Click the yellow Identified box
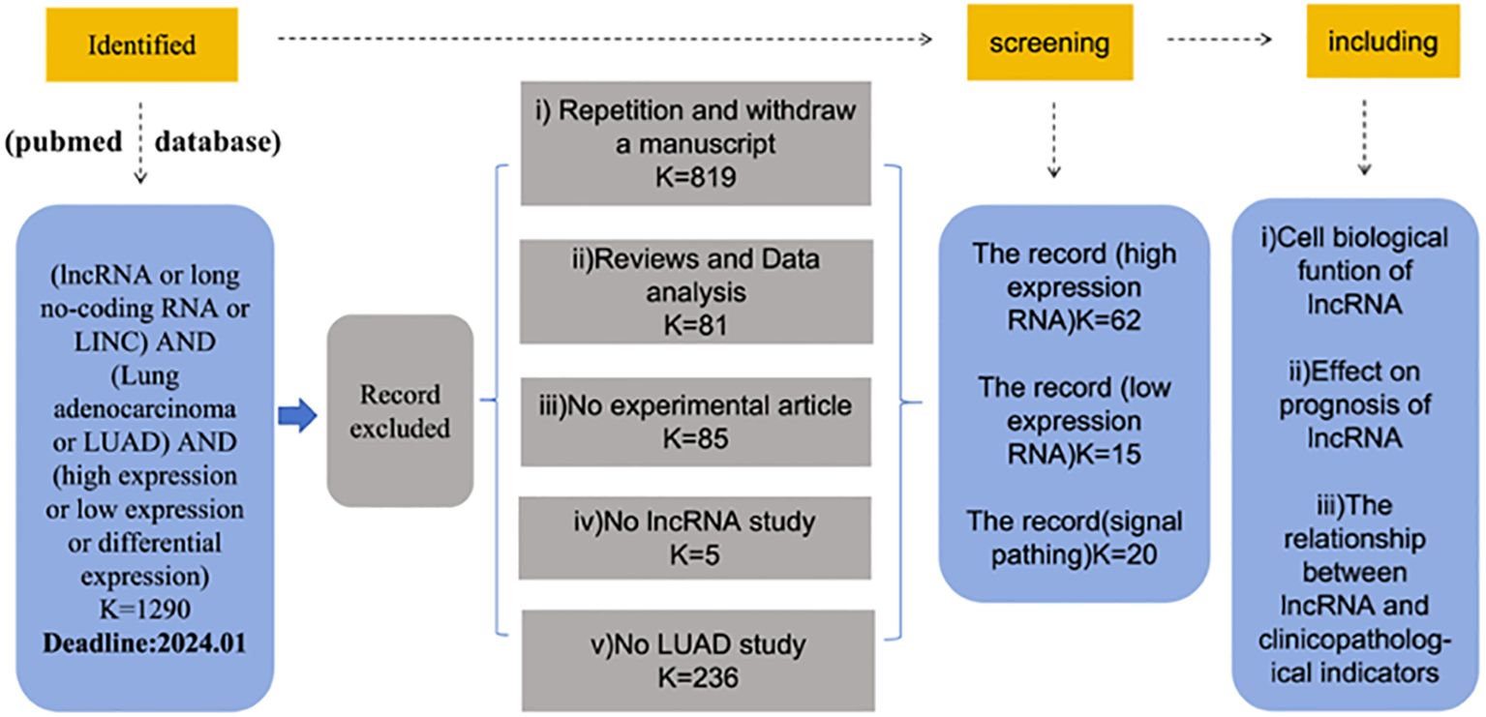pos(142,45)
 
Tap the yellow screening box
pos(1049,43)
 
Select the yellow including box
pos(1383,41)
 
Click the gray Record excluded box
pos(400,411)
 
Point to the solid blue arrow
pos(297,416)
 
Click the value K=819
pos(696,177)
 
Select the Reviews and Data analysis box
pos(696,292)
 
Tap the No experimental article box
pos(695,422)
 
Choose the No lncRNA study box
pos(694,538)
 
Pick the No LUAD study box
pos(698,661)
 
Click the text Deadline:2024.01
pos(144,643)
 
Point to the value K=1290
pos(144,609)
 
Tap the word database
pos(218,142)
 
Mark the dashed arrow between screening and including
pos(1220,40)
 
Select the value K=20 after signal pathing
pos(1124,554)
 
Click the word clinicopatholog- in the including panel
pos(1354,640)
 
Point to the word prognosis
pos(1354,405)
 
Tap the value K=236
pos(698,678)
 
